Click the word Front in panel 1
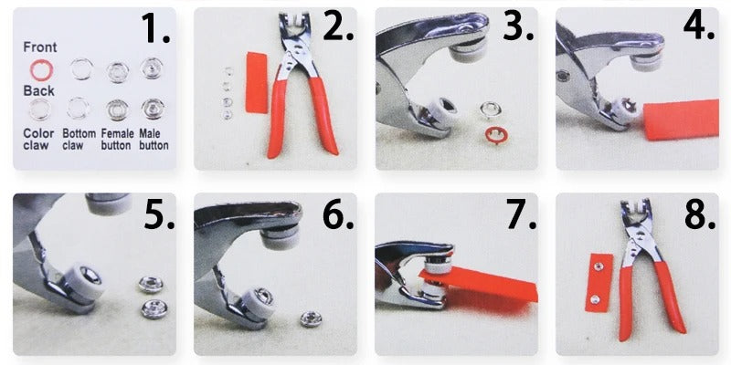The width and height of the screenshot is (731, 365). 39,47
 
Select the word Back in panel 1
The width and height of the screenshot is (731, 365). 38,90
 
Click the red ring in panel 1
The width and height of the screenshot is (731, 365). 38,68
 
